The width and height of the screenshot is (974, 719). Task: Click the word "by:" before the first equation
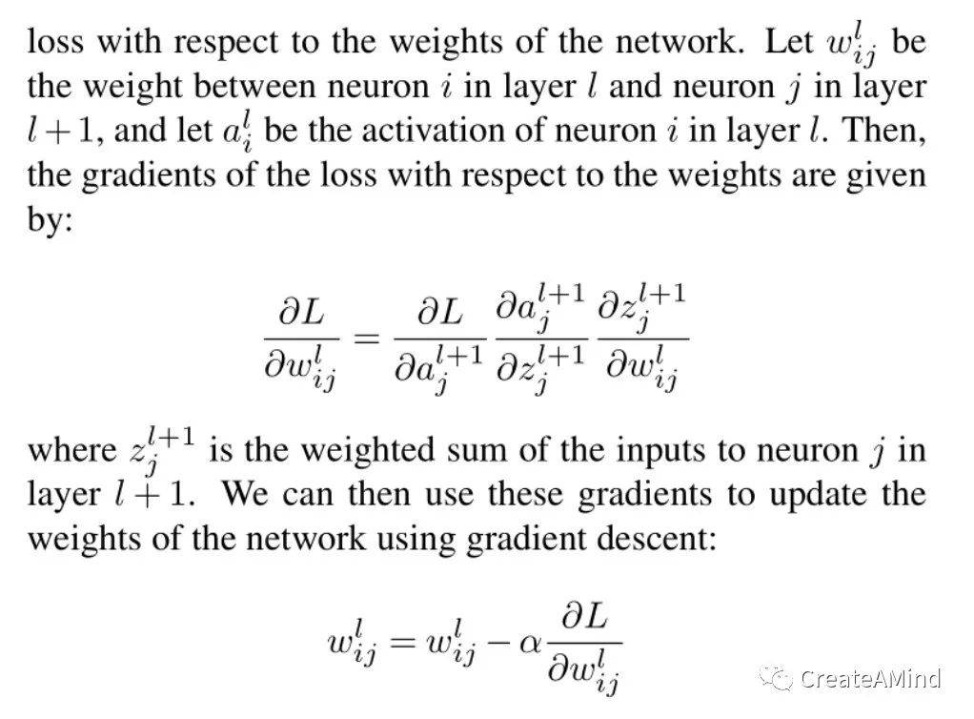[x=50, y=218]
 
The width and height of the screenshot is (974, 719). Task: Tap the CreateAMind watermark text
[x=871, y=679]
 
